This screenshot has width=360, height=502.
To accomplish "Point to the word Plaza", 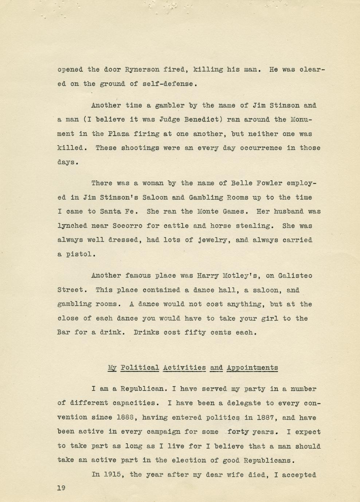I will pos(119,134).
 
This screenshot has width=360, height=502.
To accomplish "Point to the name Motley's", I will pos(241,276).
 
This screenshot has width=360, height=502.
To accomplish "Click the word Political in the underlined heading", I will pos(140,367).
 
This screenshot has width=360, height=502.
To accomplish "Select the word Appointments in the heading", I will pos(252,367).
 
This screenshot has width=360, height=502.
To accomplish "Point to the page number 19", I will pos(61,488).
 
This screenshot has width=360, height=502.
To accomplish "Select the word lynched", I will pos(72,226).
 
